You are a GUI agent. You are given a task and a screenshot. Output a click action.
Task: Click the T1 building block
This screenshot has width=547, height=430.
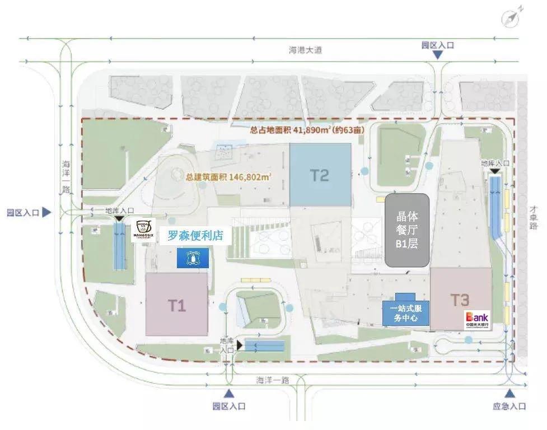(x=176, y=304)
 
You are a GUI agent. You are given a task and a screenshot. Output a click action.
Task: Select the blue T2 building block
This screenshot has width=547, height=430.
(x=320, y=174)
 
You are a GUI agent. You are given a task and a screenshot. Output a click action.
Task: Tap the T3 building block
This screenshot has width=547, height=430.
(x=460, y=298)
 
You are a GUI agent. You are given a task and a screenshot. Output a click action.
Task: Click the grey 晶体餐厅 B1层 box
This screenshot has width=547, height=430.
(x=406, y=230)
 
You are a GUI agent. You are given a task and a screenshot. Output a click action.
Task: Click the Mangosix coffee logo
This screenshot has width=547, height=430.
(x=143, y=230)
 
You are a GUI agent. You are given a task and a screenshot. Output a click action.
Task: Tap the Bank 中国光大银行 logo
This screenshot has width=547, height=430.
(x=476, y=319)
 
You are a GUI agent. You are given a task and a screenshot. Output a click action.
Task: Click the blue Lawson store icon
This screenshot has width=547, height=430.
(x=193, y=258)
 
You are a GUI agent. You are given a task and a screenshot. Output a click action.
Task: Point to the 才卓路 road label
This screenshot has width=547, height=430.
(x=534, y=217)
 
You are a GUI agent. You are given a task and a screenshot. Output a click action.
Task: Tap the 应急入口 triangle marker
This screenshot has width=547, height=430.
(x=509, y=394)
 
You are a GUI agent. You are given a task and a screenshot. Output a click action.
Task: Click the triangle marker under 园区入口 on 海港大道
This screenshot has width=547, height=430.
(x=438, y=55)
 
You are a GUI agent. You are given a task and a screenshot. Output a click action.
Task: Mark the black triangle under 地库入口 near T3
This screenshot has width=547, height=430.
(x=494, y=171)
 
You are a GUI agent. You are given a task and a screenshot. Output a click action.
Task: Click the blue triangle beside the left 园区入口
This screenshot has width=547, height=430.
(x=46, y=212)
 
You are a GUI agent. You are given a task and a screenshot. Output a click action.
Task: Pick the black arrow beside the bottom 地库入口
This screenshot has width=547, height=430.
(x=240, y=345)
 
